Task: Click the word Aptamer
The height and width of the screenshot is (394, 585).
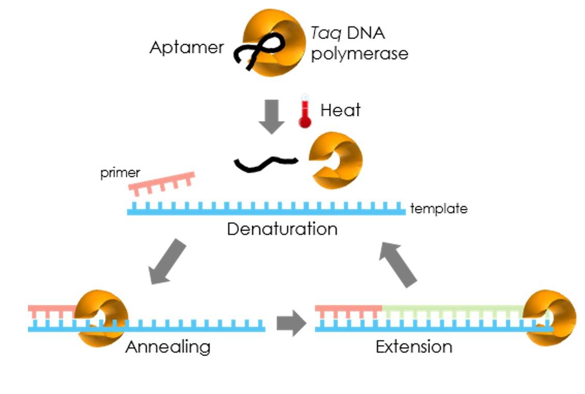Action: click(x=186, y=48)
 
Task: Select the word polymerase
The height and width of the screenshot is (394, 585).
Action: click(x=359, y=54)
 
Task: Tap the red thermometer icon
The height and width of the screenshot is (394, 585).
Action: click(x=305, y=111)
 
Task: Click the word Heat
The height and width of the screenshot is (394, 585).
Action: click(x=340, y=110)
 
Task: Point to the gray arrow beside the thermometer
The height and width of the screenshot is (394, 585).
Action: click(x=272, y=115)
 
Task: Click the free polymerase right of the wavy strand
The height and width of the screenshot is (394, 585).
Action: click(x=335, y=160)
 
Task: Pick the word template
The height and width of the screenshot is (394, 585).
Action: click(x=438, y=209)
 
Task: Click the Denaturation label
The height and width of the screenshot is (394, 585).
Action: click(x=282, y=228)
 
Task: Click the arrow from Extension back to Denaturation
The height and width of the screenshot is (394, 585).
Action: click(x=398, y=264)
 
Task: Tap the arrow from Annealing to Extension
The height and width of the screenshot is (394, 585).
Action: click(x=291, y=323)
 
